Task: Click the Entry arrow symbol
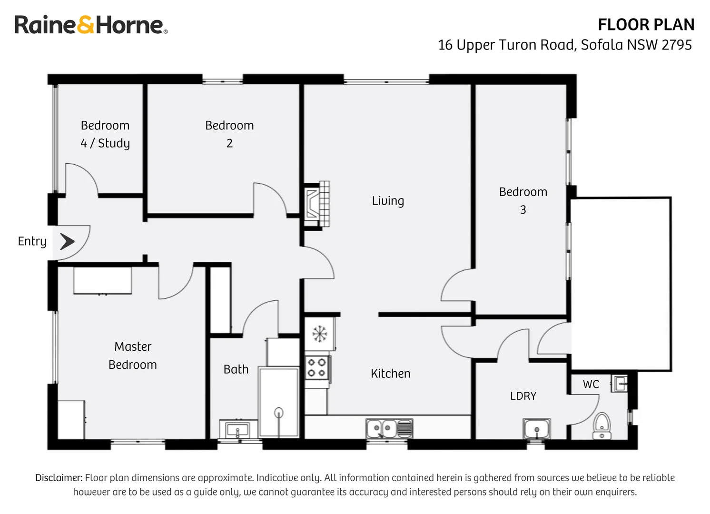point(67,242)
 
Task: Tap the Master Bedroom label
point(133,356)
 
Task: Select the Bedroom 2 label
point(229,134)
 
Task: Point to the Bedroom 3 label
point(523,201)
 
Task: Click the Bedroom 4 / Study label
point(105,134)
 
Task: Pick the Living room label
point(388,201)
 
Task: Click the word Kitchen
point(391,374)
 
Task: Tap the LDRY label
point(523,395)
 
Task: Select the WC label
point(591,385)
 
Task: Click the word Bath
point(236,369)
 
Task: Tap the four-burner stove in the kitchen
point(317,368)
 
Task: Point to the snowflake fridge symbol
point(319,334)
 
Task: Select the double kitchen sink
point(389,428)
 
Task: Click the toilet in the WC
point(602,426)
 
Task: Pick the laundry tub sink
point(537,429)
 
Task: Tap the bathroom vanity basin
point(237,429)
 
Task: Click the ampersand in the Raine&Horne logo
point(86,25)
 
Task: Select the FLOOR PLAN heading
point(646,25)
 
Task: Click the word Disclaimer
point(59,477)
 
